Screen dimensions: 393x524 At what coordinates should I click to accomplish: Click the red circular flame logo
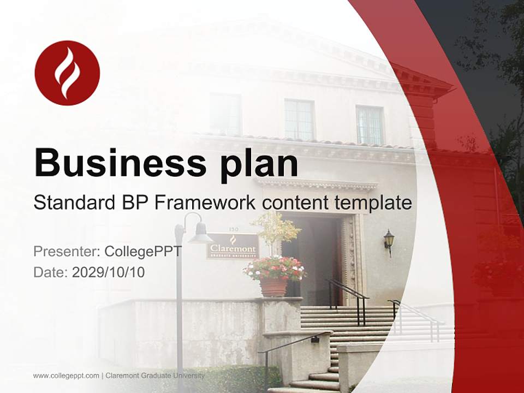pos(67,73)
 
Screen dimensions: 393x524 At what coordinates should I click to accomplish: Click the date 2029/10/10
pos(108,272)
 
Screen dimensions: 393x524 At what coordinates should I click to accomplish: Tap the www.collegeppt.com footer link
pos(66,376)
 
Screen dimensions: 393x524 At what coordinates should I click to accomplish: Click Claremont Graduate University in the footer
pos(155,376)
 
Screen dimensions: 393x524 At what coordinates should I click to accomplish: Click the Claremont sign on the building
pos(233,246)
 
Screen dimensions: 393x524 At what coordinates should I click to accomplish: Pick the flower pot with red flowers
pos(274,277)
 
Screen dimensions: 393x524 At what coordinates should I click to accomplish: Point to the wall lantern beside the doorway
pos(389,241)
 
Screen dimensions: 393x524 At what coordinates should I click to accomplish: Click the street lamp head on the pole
pos(199,234)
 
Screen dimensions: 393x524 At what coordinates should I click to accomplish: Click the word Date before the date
pos(51,272)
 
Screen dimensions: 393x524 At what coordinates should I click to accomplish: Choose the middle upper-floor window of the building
pos(299,120)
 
